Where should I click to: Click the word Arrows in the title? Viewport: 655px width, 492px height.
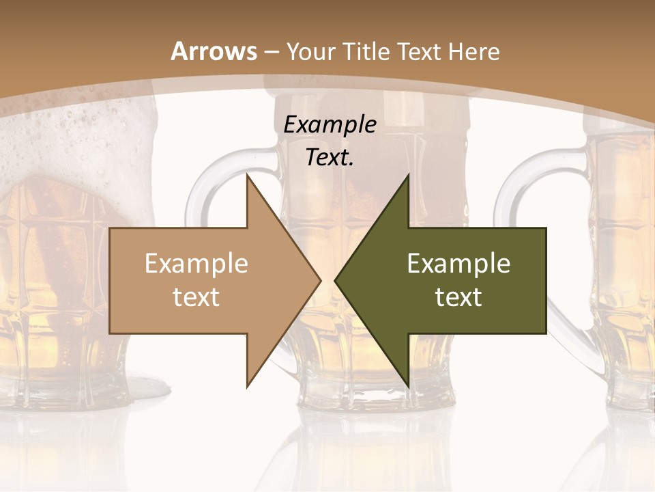coord(214,51)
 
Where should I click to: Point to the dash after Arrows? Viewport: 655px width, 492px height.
coord(271,52)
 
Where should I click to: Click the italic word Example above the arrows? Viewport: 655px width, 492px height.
coord(330,125)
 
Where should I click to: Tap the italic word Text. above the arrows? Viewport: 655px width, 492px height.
coord(330,158)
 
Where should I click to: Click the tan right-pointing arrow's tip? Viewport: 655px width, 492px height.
coord(319,280)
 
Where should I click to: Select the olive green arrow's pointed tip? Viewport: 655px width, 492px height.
coord(336,280)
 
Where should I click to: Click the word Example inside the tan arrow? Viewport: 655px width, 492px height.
coord(196,264)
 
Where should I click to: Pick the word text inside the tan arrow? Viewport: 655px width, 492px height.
coord(196,297)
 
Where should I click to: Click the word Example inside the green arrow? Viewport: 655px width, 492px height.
coord(458,264)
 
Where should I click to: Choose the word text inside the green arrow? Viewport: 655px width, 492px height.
coord(458,297)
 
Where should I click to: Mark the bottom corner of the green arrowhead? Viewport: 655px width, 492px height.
coord(408,387)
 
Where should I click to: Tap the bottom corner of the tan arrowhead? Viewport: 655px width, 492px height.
coord(248,387)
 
